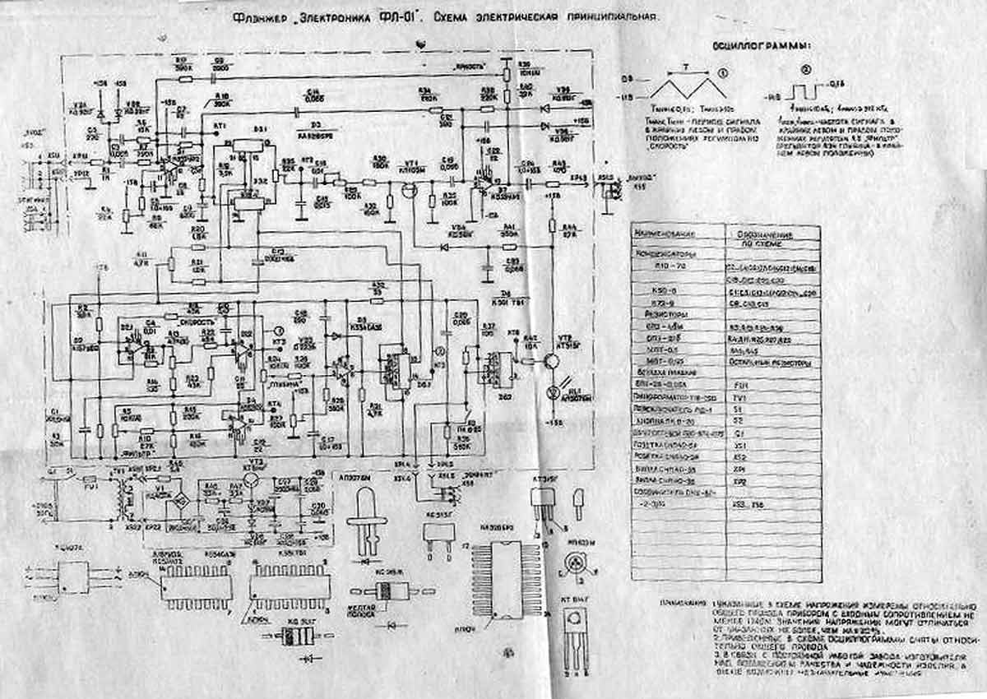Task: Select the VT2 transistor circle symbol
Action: (550, 359)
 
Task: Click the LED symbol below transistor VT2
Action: (549, 394)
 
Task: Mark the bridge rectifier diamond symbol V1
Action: (176, 503)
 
